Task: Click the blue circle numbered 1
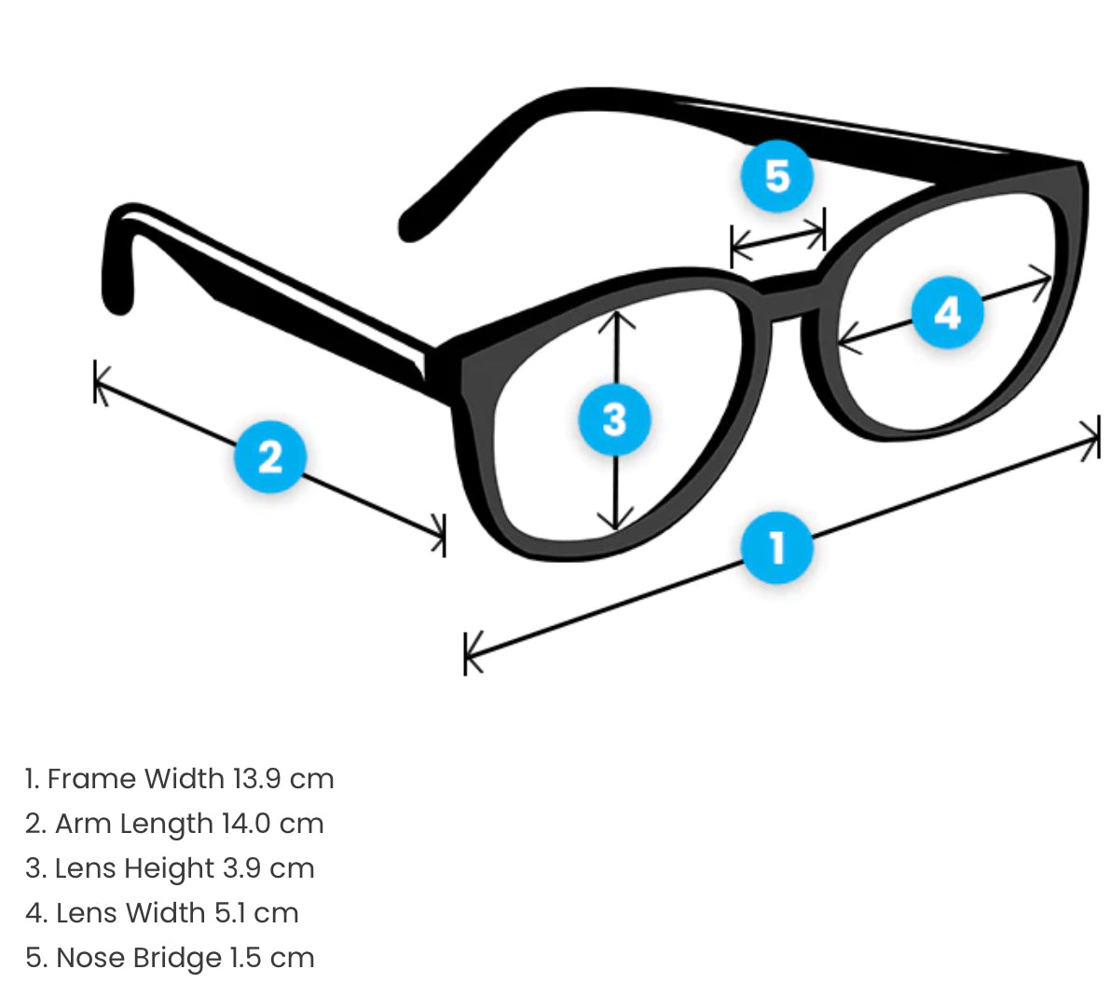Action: (x=777, y=547)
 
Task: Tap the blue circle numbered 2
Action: (x=269, y=457)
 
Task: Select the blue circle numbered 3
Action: (x=614, y=418)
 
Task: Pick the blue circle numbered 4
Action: (x=947, y=312)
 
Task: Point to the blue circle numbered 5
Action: (x=777, y=175)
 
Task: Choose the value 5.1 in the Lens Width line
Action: (x=230, y=913)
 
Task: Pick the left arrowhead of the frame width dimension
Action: (x=472, y=649)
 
